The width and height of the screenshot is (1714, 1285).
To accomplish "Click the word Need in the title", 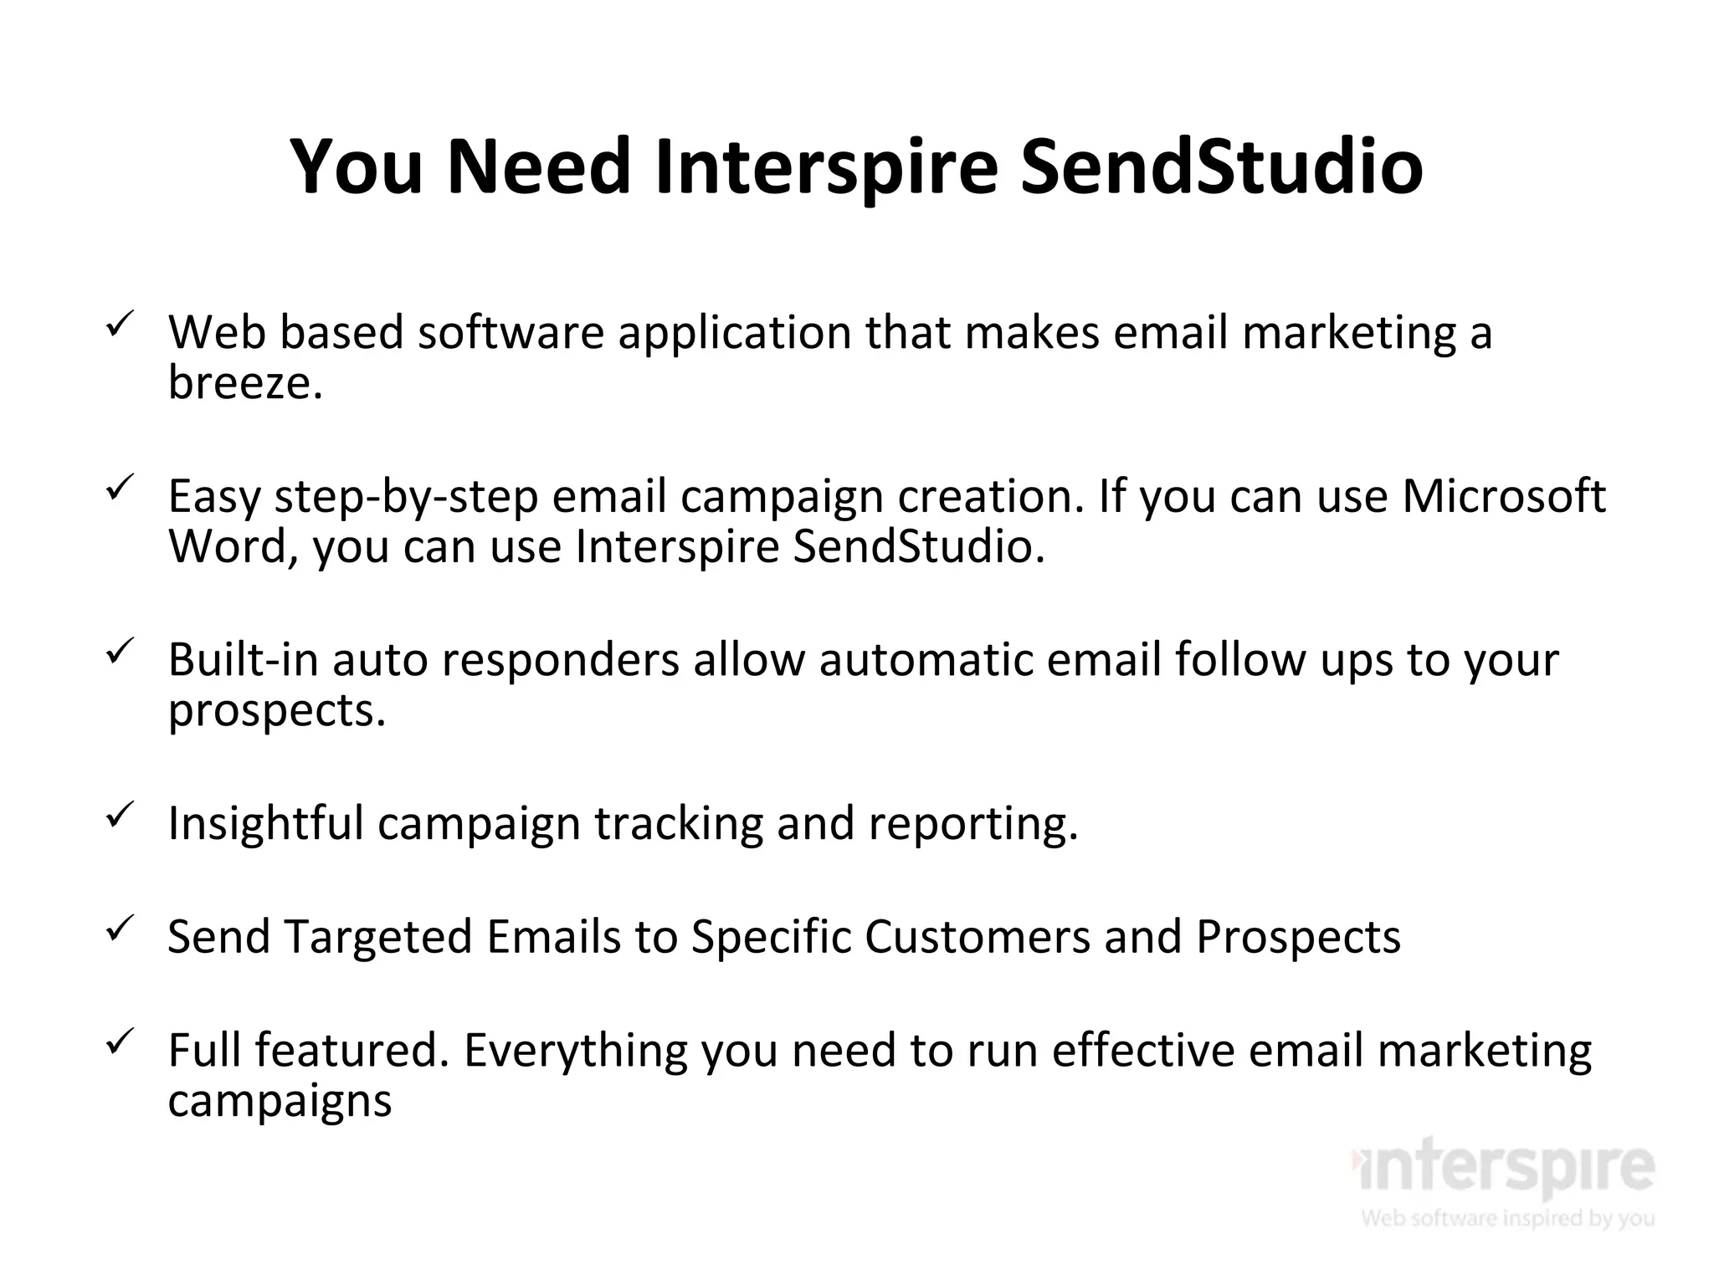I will (538, 166).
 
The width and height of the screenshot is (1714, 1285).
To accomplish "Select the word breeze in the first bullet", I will (244, 383).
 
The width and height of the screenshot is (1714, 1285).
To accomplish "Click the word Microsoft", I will (1503, 496).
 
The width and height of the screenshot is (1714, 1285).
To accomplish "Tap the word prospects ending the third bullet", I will (276, 711).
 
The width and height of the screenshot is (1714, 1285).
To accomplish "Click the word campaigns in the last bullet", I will (280, 1101).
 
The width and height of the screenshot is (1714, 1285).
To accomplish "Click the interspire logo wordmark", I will (1503, 1166).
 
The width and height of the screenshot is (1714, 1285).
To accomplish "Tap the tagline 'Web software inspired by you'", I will (1506, 1217).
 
